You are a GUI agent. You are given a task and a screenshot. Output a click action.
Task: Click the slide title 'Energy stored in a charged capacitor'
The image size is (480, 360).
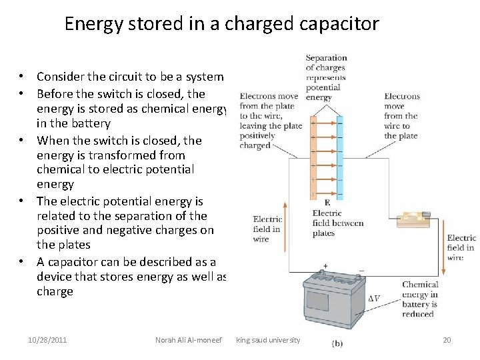pyautogui.click(x=221, y=24)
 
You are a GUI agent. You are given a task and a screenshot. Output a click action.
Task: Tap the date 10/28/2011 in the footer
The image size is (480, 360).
pyautogui.click(x=47, y=340)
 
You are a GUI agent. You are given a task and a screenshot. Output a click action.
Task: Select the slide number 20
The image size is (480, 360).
pyautogui.click(x=447, y=340)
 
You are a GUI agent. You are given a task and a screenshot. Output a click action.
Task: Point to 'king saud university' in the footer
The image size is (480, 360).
pyautogui.click(x=268, y=340)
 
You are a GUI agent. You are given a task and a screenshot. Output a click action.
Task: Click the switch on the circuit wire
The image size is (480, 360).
pyautogui.click(x=408, y=219)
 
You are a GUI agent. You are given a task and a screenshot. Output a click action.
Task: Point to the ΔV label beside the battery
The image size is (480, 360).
pyautogui.click(x=374, y=298)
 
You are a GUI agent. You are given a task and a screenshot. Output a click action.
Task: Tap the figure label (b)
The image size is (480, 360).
pyautogui.click(x=338, y=343)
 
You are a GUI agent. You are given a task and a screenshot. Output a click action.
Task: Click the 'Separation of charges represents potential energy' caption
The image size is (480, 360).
pyautogui.click(x=326, y=77)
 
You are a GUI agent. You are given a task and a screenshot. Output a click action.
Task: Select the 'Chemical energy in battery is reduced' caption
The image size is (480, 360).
pyautogui.click(x=419, y=299)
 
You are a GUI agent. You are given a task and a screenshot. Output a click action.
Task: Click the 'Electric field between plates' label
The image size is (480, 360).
pyautogui.click(x=337, y=223)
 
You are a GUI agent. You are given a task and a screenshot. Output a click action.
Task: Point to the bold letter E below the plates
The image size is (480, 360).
pyautogui.click(x=327, y=203)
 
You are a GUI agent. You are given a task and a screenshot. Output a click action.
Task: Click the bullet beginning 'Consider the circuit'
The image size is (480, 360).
pyautogui.click(x=129, y=77)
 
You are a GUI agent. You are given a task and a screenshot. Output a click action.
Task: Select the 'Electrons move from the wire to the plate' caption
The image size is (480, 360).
pyautogui.click(x=401, y=115)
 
